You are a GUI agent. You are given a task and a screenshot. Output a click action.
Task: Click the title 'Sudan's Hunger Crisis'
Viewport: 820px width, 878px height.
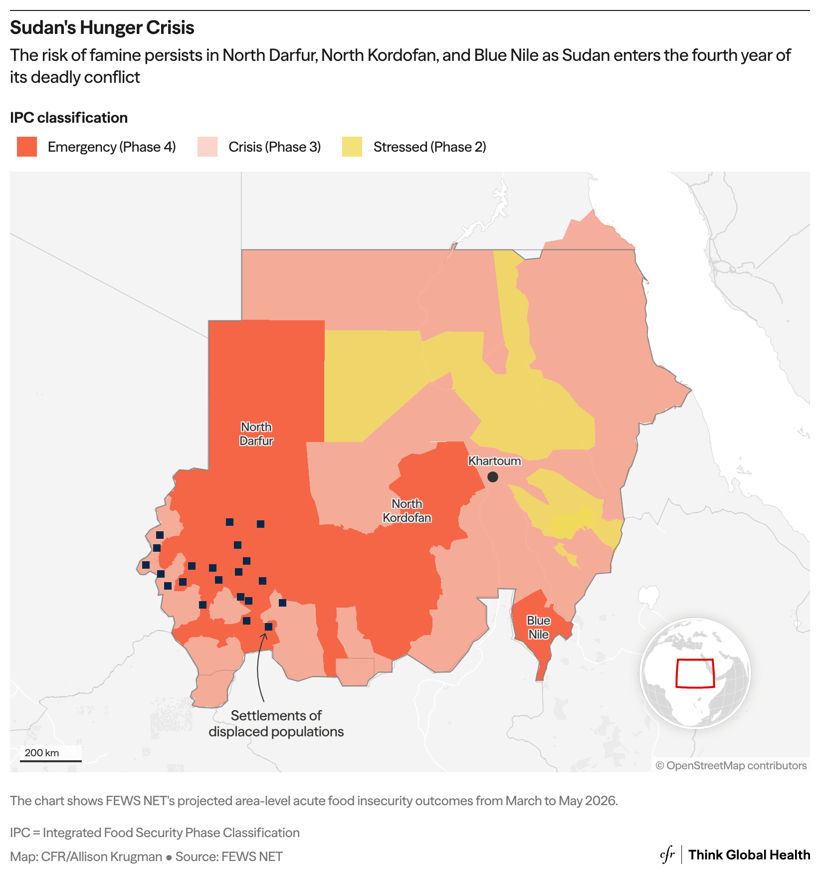pos(102,28)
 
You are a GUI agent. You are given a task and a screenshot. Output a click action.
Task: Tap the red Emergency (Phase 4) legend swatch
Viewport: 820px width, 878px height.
pos(27,147)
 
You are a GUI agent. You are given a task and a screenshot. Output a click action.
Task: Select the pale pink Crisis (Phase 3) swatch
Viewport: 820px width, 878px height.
pos(207,147)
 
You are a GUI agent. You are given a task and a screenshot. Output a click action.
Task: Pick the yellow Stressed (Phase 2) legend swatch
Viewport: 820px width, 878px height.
pos(352,147)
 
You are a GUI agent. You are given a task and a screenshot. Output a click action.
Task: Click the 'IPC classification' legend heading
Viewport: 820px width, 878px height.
pos(69,118)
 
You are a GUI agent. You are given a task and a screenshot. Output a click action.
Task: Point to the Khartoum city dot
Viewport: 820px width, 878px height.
pos(493,477)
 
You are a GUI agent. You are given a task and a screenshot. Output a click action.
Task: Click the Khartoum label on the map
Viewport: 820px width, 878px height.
pos(494,461)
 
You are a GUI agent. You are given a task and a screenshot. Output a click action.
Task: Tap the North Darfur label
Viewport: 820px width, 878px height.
pos(256,434)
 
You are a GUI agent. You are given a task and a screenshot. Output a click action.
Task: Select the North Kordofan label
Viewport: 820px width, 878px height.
pos(407,511)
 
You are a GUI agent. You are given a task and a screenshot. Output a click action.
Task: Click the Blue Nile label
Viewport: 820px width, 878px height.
pos(539,628)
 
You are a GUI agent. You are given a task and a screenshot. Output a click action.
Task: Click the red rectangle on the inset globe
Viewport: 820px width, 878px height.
pos(695,673)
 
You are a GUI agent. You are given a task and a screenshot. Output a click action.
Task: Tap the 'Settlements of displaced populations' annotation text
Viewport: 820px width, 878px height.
pos(276,723)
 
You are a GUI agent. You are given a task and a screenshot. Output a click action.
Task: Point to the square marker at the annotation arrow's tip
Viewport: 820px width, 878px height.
pos(268,627)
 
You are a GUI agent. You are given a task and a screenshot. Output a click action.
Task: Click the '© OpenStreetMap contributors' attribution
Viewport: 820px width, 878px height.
pos(731,765)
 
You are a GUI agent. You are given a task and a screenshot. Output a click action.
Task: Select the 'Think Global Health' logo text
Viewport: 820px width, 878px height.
pos(749,855)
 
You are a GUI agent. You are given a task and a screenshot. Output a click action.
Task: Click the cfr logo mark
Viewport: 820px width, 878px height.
pos(667,855)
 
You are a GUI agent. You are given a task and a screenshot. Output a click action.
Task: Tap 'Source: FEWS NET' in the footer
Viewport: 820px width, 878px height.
pos(229,857)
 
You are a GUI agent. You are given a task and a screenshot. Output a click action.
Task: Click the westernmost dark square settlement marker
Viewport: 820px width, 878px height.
pos(146,565)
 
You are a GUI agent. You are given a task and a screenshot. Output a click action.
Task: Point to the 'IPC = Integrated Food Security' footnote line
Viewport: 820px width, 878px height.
pos(155,833)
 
